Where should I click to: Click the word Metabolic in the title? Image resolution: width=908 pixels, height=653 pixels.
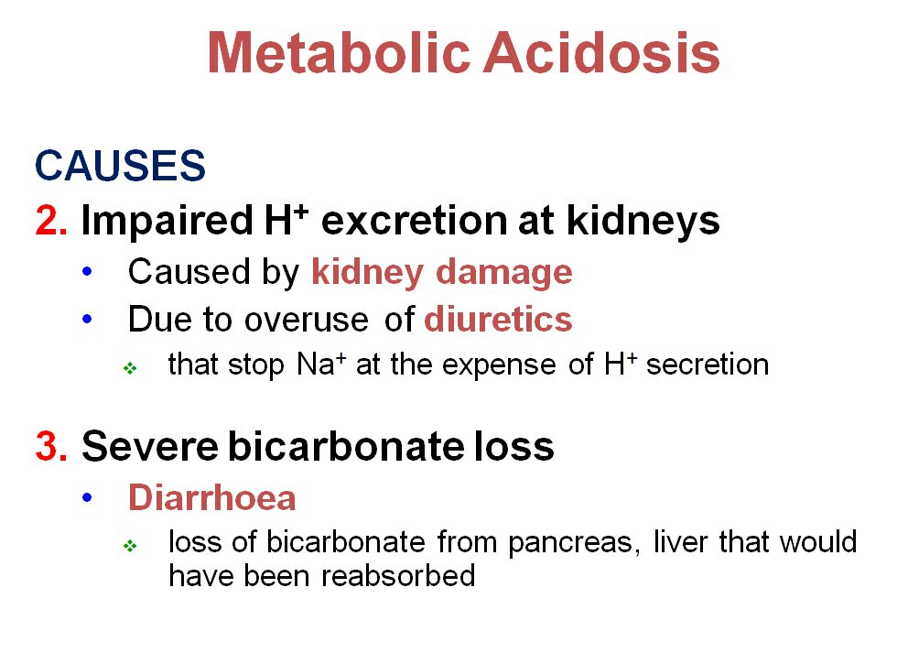point(338,52)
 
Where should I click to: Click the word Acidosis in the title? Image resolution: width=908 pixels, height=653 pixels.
point(601,52)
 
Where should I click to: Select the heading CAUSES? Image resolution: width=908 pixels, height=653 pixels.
point(120,167)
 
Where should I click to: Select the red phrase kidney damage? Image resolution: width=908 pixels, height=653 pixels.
point(442,272)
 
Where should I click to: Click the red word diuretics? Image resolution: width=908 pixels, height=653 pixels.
point(499,320)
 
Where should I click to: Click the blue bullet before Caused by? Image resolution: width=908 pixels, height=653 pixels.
point(87,272)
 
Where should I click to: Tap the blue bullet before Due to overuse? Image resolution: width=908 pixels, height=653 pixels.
point(87,320)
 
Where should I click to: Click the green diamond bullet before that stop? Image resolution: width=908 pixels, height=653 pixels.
point(129,367)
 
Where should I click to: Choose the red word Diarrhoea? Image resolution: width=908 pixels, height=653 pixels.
point(212,497)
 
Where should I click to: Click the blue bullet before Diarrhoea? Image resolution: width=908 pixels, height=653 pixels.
point(87,497)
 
